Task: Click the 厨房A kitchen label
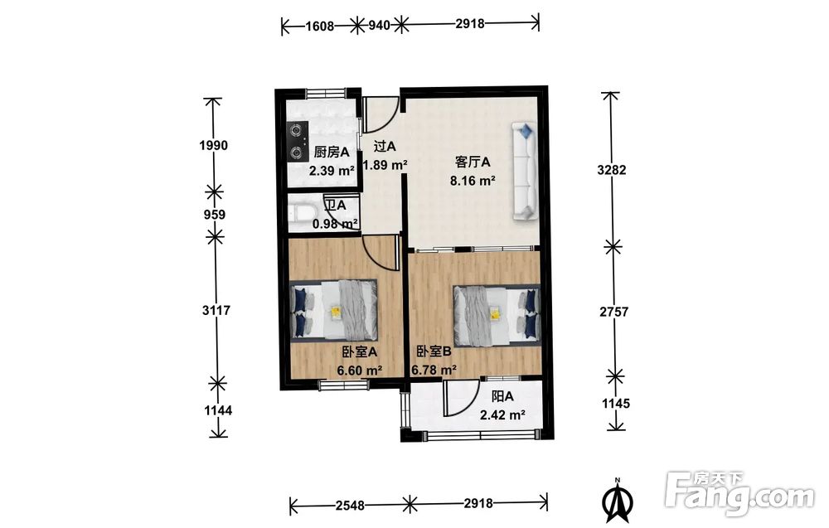pos(332,153)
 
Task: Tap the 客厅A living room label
pos(473,161)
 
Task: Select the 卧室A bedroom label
pos(359,351)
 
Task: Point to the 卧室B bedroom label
pos(434,351)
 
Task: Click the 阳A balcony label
pos(502,396)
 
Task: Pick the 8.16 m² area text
pos(473,181)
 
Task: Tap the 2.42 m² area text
pos(502,415)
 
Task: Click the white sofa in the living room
pos(525,172)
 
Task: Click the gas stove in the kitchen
pos(298,142)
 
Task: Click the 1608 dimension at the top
pos(320,25)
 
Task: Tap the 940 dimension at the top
pos(379,25)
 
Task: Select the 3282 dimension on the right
pos(612,170)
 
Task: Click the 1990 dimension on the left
pos(214,145)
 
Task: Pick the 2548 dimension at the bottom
pos(350,506)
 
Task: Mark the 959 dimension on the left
pos(214,215)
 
